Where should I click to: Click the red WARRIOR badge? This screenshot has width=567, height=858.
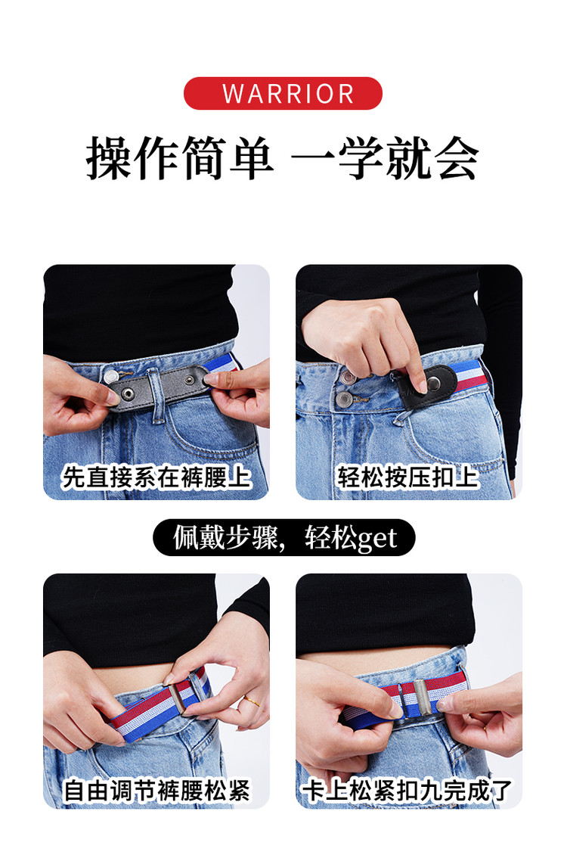click(283, 93)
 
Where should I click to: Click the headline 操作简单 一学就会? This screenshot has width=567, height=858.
click(283, 159)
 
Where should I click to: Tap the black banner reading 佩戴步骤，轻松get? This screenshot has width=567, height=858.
click(283, 537)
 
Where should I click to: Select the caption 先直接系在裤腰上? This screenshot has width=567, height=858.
click(156, 477)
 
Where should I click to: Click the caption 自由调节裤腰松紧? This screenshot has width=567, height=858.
click(156, 791)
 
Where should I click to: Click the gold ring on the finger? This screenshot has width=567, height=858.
click(252, 701)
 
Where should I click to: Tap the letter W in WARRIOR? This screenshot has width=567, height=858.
click(233, 94)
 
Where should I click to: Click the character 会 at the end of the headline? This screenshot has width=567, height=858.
click(457, 159)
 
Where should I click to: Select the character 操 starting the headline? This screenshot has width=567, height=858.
click(109, 159)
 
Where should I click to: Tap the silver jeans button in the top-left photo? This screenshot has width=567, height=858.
click(112, 376)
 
